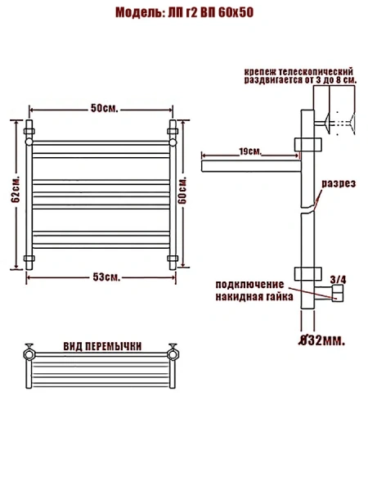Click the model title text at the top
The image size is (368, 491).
pos(184,13)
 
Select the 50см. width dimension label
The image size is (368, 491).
pos(105,108)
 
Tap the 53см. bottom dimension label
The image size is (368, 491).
pos(106,277)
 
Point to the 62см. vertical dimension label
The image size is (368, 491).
pos(16,188)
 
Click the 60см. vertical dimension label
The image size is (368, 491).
pos(182,190)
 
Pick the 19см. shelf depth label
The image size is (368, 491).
pos(250,151)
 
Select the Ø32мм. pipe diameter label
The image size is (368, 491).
pos(321,340)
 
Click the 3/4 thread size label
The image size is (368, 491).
pos(339,280)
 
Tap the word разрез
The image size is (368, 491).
pos(339,183)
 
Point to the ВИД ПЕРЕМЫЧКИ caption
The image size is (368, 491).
pos(103,346)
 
